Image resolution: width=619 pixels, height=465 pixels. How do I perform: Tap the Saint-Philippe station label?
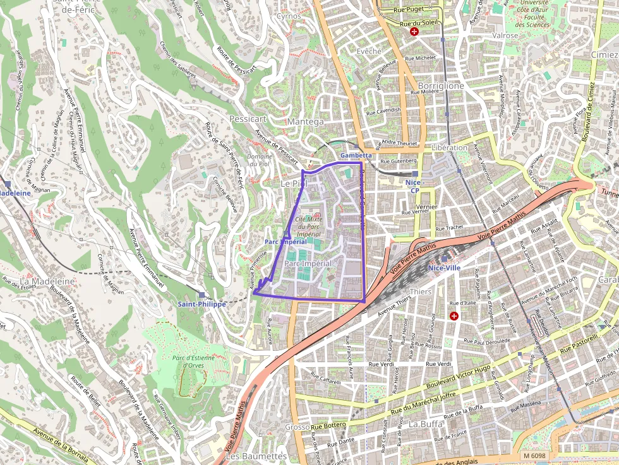(x=201, y=303)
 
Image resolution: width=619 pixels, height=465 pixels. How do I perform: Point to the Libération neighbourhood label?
(x=449, y=147)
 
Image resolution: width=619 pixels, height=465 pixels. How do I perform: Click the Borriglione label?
(x=441, y=85)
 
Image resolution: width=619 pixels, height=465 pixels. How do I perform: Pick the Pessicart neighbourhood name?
(x=248, y=118)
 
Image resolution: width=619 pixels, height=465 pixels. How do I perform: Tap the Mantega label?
(x=305, y=121)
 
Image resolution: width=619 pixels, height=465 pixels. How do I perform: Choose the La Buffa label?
(x=425, y=424)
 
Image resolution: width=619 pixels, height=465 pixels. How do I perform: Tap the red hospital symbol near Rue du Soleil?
(x=414, y=31)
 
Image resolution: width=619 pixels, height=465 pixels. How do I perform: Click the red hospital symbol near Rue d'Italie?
(x=454, y=315)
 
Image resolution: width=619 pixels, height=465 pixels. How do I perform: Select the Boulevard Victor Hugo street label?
(x=458, y=377)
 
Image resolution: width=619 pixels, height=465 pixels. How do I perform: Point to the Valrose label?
(x=505, y=36)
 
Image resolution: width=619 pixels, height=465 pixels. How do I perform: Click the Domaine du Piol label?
(x=260, y=160)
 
